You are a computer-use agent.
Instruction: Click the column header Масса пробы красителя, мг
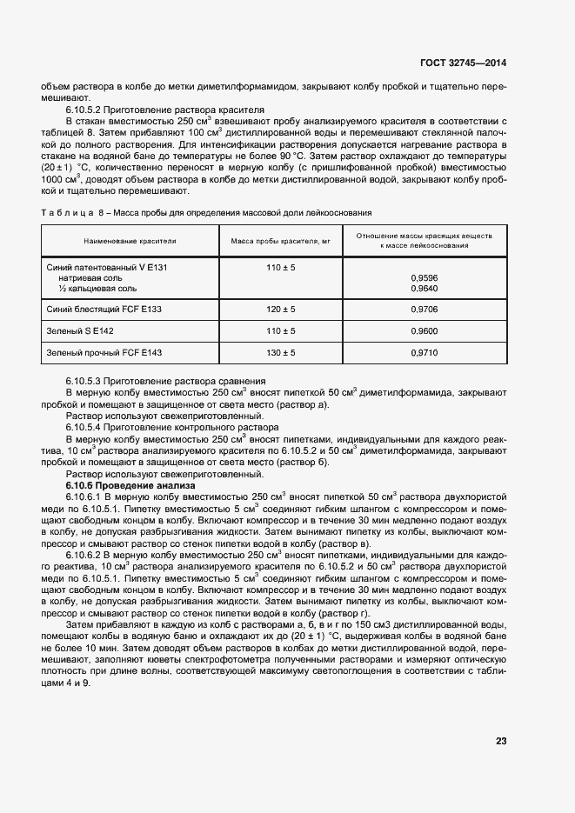pyautogui.click(x=280, y=241)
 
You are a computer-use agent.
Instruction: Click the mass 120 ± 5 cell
pyautogui.click(x=280, y=309)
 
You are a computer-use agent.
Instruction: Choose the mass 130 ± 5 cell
pyautogui.click(x=280, y=353)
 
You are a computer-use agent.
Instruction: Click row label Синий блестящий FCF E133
pyautogui.click(x=103, y=309)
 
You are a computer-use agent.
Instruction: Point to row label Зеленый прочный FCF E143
pyautogui.click(x=104, y=353)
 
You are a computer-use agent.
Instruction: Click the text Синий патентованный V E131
pyautogui.click(x=105, y=268)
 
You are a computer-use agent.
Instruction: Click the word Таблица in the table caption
pyautogui.click(x=63, y=211)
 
